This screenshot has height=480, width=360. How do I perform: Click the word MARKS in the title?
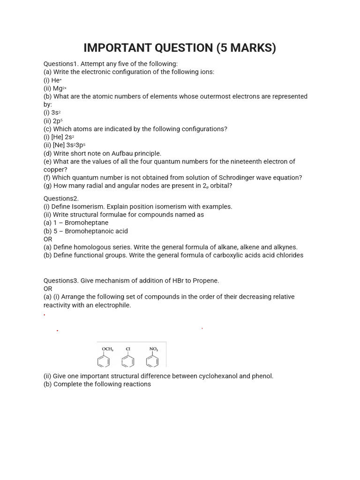pyautogui.click(x=246, y=48)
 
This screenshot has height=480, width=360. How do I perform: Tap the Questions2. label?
pyautogui.click(x=61, y=198)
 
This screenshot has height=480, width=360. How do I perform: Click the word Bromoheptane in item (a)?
pyautogui.click(x=86, y=223)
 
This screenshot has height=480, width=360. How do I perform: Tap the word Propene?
pyautogui.click(x=202, y=280)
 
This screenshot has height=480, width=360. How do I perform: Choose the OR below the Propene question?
pyautogui.click(x=48, y=289)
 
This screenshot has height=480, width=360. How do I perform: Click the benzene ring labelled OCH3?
pyautogui.click(x=104, y=361)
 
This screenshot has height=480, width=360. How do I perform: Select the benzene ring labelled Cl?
pyautogui.click(x=127, y=361)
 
